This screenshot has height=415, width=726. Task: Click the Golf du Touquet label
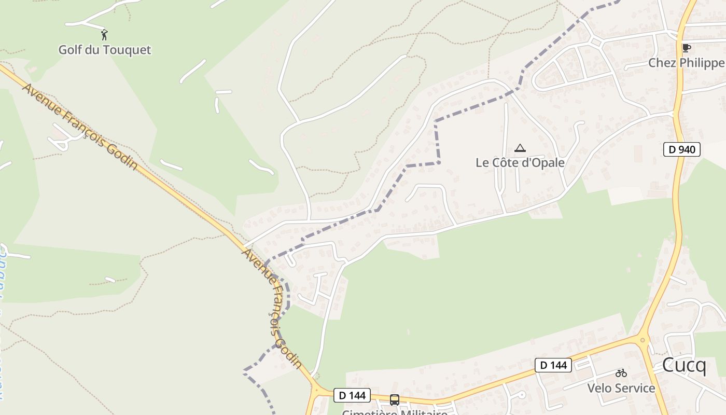click(104, 50)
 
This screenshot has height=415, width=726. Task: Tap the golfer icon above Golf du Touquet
click(104, 35)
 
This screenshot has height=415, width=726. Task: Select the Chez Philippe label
click(686, 63)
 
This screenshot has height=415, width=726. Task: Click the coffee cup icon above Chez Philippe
click(686, 48)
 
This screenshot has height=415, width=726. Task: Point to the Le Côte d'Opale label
click(520, 162)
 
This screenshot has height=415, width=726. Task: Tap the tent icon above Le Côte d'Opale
click(520, 148)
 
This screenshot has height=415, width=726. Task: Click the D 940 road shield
click(682, 149)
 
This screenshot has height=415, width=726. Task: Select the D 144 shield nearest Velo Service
click(553, 365)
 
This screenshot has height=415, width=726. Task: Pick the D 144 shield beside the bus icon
click(352, 395)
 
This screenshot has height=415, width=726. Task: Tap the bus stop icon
click(394, 399)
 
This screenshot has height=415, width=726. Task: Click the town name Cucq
click(684, 365)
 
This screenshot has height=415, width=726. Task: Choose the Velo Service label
click(621, 388)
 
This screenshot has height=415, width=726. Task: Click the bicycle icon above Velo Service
click(621, 373)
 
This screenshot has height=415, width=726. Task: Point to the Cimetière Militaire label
click(394, 412)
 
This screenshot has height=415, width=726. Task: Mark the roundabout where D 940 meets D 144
click(643, 340)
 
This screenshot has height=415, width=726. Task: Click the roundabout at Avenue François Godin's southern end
click(316, 388)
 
